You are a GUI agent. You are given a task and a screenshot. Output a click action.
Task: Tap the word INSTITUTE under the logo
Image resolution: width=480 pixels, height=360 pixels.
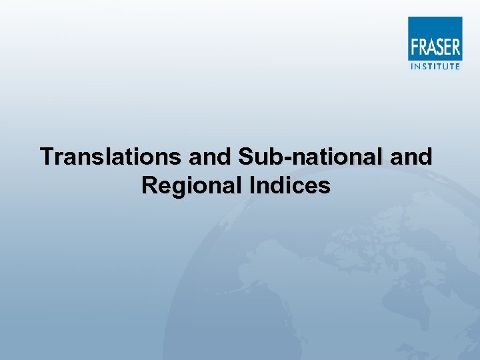[435, 66]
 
